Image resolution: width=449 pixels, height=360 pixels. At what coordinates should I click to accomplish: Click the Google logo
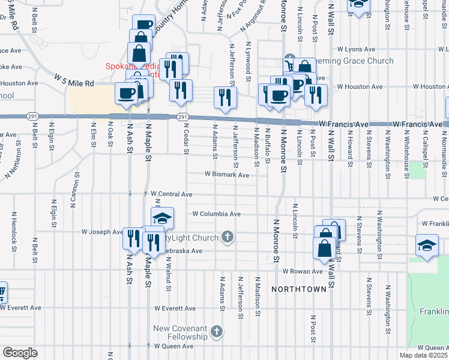click(x=20, y=353)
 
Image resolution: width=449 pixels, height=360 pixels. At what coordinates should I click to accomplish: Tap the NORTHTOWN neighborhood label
click(x=298, y=289)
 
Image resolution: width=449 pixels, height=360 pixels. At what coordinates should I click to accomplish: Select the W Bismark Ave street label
click(x=226, y=175)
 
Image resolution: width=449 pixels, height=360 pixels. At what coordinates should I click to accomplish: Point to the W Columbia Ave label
click(x=216, y=214)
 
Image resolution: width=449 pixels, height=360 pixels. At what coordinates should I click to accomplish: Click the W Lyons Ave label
click(x=356, y=49)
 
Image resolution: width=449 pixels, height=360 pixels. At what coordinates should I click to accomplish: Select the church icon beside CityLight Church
click(x=227, y=238)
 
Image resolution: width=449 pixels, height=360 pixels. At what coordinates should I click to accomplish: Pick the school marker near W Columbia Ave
click(x=162, y=218)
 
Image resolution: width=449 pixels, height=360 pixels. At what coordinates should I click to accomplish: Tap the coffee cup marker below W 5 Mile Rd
click(x=127, y=94)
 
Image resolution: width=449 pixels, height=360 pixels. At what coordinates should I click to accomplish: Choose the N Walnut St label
click(x=169, y=274)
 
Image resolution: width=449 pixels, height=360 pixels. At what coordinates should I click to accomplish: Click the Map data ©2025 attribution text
click(x=424, y=355)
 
